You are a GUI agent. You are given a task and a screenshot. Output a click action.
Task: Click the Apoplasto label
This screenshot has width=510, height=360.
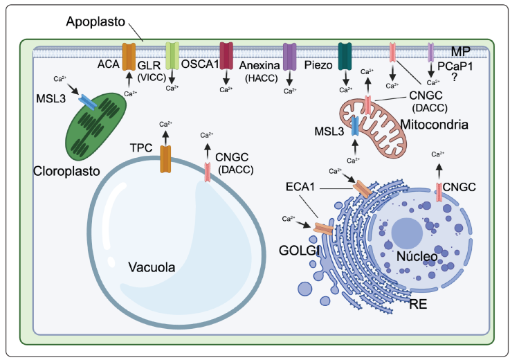click(x=95, y=22)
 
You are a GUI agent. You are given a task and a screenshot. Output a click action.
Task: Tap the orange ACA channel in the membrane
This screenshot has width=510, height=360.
click(x=129, y=56)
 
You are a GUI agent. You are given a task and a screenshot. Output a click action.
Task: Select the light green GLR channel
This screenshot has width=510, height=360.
click(x=172, y=55)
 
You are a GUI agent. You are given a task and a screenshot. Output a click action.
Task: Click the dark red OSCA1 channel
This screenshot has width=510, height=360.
click(x=226, y=55)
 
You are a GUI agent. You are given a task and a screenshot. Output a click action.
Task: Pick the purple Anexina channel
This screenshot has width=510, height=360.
click(x=290, y=56)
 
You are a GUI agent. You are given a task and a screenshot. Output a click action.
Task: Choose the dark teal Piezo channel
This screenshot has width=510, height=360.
click(x=345, y=55)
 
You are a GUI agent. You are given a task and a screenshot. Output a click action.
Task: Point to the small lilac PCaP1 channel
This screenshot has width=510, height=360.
click(x=431, y=53)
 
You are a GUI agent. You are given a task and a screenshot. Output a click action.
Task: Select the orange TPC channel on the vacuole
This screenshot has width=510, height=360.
click(x=165, y=159)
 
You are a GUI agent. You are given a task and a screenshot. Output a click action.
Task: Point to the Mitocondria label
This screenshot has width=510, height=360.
click(x=434, y=125)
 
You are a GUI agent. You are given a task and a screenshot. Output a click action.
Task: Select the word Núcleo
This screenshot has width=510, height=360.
click(x=418, y=256)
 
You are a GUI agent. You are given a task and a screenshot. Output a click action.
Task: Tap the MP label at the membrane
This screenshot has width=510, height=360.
click(x=460, y=53)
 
